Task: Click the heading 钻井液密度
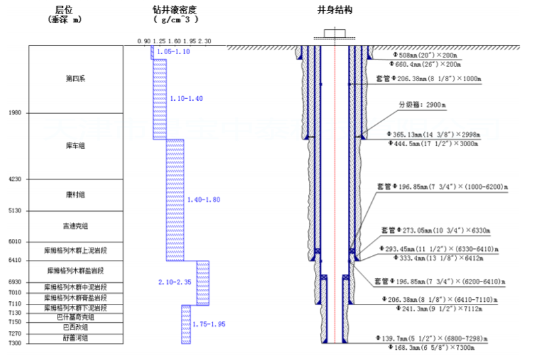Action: click(x=174, y=11)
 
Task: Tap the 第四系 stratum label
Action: click(x=75, y=78)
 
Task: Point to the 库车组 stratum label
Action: click(x=75, y=145)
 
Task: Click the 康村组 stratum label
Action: click(x=75, y=195)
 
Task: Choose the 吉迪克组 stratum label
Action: click(x=75, y=226)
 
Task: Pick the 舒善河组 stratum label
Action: click(x=75, y=338)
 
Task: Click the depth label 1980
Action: click(x=14, y=113)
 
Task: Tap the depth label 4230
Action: click(x=14, y=179)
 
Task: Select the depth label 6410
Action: click(x=14, y=261)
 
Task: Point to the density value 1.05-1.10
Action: click(x=173, y=52)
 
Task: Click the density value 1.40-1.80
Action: click(x=204, y=200)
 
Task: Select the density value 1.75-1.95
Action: click(x=209, y=324)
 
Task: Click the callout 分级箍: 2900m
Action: click(x=421, y=105)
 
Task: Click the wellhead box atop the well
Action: click(x=335, y=33)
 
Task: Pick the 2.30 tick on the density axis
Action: click(x=205, y=41)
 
